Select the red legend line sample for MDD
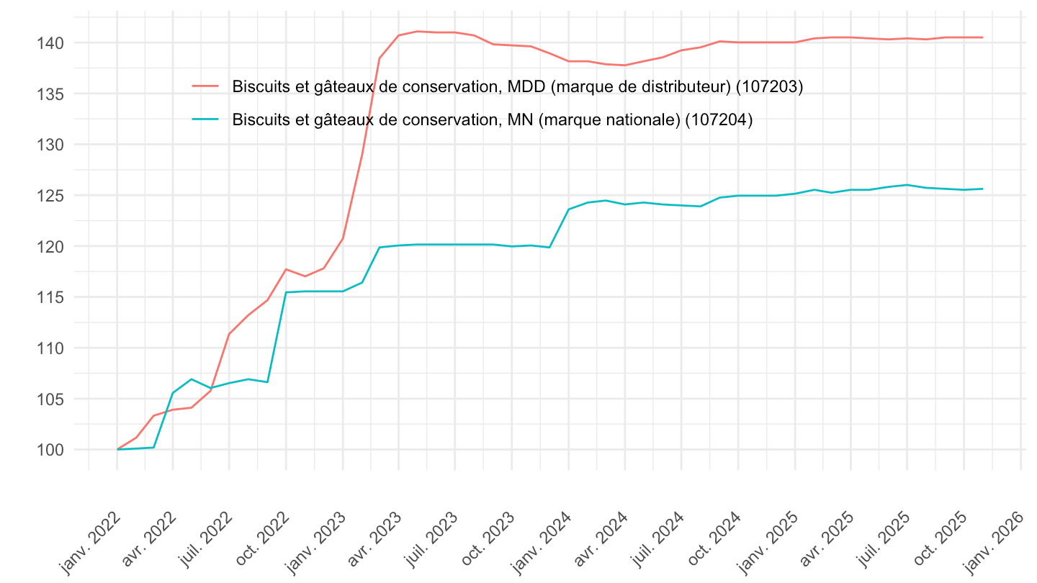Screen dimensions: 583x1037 pos(205,86)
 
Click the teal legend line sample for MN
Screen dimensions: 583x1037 pos(205,120)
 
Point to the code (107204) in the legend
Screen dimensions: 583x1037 pos(719,120)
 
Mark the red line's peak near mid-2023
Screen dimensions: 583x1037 pos(418,31)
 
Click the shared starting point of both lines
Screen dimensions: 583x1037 pos(117,449)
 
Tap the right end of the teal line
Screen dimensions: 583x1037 pos(982,189)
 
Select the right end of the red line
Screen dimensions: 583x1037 pos(982,37)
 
